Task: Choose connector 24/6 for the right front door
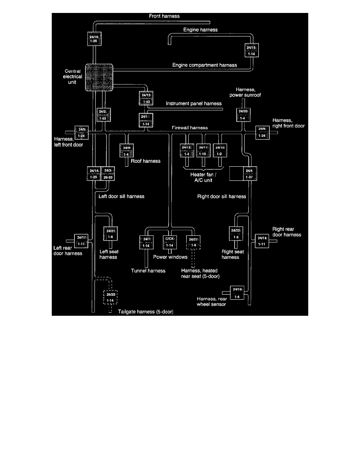coord(262,133)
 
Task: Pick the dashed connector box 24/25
coord(110,297)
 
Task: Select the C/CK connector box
coord(170,242)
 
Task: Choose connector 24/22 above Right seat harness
coord(236,234)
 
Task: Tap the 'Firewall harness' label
coord(189,128)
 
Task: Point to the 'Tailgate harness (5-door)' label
coord(145,312)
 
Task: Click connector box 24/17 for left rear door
coord(82,241)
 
